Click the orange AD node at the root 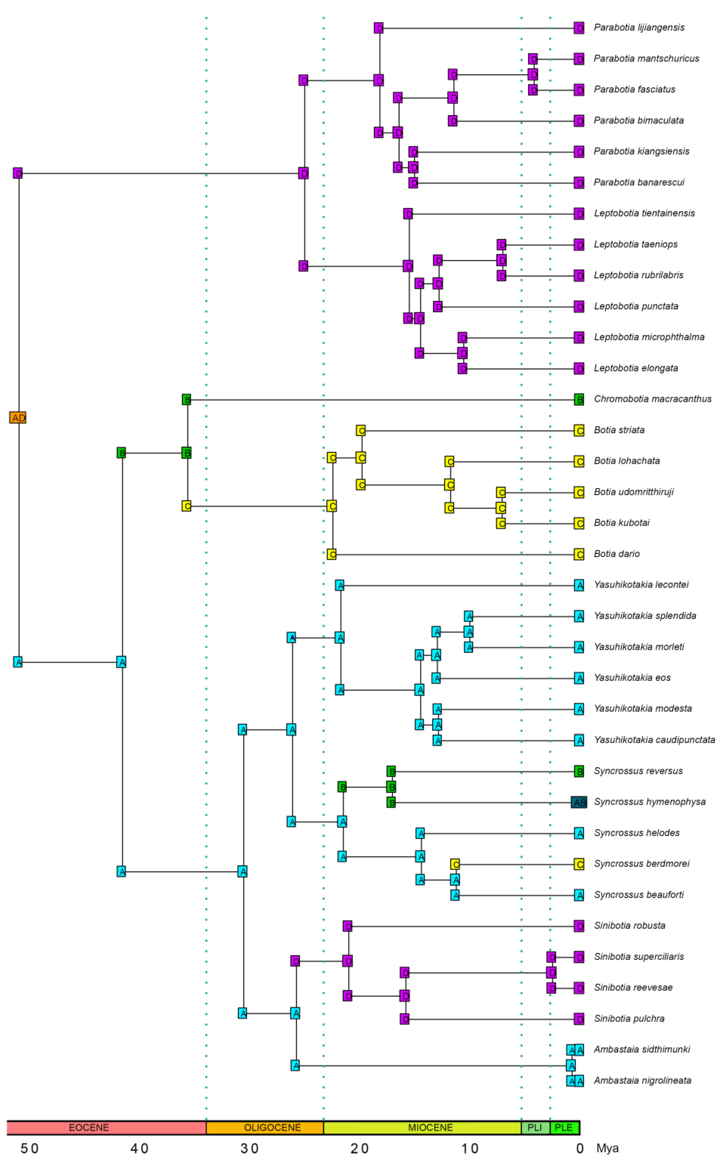tap(18, 418)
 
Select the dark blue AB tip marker tap(579, 802)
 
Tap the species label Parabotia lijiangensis tap(639, 27)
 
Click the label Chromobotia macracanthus tap(652, 399)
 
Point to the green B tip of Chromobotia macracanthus tap(579, 399)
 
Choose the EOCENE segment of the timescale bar tap(89, 1128)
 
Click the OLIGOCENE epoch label tap(272, 1128)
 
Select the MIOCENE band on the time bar tap(430, 1128)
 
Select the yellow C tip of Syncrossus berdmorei tap(579, 864)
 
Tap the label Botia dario tap(617, 554)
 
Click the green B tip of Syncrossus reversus tap(579, 771)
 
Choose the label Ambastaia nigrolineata tap(642, 1080)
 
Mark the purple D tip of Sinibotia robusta tap(579, 926)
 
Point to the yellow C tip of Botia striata tap(579, 431)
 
